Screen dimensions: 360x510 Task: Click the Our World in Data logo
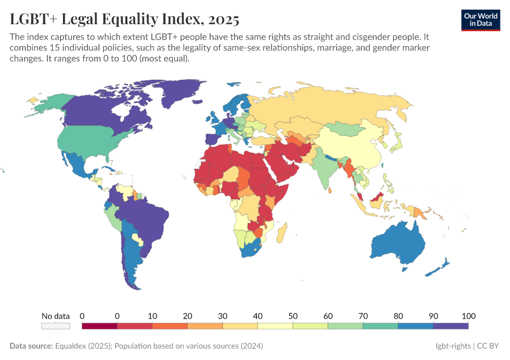[x=481, y=20]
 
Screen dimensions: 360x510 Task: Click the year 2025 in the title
[x=223, y=19]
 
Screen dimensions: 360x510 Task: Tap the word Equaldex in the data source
[x=71, y=346]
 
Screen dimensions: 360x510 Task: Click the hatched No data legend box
[x=56, y=326]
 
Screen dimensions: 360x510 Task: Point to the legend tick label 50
[x=293, y=316]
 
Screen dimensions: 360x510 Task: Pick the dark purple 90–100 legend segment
[x=451, y=326]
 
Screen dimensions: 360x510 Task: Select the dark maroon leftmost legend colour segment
[x=99, y=326]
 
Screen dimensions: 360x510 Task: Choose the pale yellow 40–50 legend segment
[x=275, y=326]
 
